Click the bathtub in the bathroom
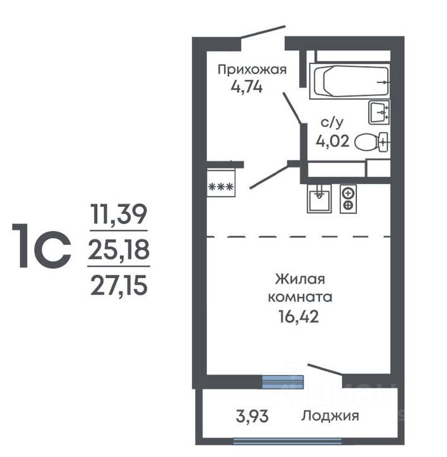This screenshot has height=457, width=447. coord(350,81)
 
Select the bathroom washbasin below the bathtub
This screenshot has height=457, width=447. coord(379,112)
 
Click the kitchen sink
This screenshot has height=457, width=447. coord(319,198)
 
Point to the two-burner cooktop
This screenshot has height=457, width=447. coord(348,199)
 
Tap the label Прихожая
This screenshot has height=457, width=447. coord(252,70)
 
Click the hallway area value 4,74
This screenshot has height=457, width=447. coord(247,87)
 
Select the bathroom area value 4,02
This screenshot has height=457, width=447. coord(333,142)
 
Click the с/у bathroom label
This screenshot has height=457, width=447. coord(332,123)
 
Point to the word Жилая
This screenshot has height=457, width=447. coord(300,279)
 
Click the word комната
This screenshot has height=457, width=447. coord(300,297)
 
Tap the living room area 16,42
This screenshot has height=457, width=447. coord(299,316)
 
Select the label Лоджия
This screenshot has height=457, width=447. coord(330,416)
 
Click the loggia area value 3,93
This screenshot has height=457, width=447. coord(252,416)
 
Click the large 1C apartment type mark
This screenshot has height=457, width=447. coord(41,246)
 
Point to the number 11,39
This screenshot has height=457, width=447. coord(118,215)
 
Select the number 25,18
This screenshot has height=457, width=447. coord(119,249)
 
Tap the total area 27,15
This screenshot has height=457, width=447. coord(119,286)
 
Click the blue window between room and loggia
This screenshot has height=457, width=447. coord(283,382)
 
